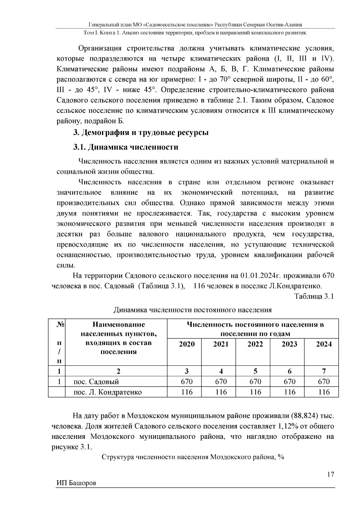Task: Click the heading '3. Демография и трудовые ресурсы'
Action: coord(141,133)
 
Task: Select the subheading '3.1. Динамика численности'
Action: coord(126,147)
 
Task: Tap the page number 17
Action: coord(331,475)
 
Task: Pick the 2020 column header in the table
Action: coord(187,344)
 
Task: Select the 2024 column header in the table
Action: coord(324,344)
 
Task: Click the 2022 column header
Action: coord(255,344)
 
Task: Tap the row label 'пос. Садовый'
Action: coord(96,382)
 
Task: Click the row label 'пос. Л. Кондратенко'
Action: coord(108,392)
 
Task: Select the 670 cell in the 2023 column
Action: coord(289,382)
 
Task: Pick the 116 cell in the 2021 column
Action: coord(221,392)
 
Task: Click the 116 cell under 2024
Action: coord(324,392)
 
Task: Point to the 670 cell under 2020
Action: coord(187,382)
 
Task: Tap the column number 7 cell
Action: coord(324,371)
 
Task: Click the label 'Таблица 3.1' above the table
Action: coord(314,297)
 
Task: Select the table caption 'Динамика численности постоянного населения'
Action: coord(193,310)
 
